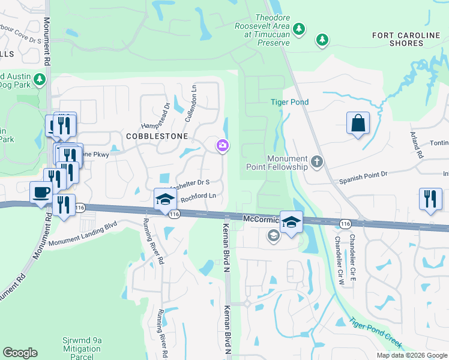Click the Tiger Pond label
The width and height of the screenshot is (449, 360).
coord(289,102)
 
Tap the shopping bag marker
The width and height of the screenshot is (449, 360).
coord(358,124)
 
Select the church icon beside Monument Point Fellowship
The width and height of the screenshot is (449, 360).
coord(317,162)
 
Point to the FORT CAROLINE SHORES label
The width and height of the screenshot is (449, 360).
coord(406,40)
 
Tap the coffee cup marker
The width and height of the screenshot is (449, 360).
coord(41,193)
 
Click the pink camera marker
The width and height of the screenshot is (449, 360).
coord(223,146)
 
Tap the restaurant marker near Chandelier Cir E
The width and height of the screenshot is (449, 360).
coord(430,199)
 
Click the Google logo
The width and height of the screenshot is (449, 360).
coord(20,353)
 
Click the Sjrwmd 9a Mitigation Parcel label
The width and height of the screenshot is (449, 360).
coord(82,349)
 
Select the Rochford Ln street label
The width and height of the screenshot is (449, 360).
coord(197,196)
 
